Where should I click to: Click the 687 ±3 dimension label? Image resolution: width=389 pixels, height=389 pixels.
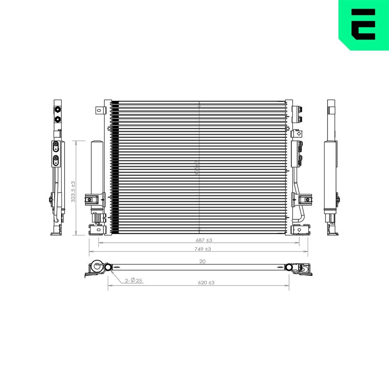click(x=203, y=240)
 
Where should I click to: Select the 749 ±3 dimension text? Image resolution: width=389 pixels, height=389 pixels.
click(x=203, y=249)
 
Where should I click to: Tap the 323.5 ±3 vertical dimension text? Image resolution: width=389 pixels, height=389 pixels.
click(x=73, y=191)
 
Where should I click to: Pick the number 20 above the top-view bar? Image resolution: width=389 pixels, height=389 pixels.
click(x=202, y=261)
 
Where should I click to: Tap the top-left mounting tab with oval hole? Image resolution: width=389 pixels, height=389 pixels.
click(x=100, y=110)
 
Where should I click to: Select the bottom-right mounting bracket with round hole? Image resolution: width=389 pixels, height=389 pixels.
click(x=300, y=230)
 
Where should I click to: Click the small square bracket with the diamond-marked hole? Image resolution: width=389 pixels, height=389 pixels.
click(x=299, y=133)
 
